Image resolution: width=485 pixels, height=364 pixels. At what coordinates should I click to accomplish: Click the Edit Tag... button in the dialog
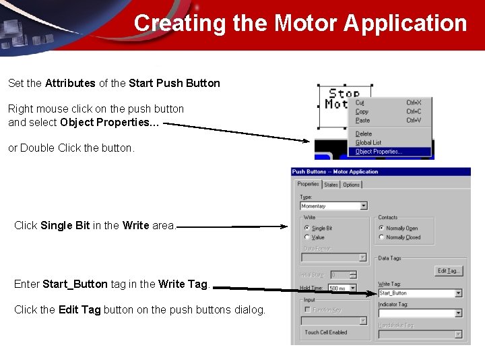tap(449, 270)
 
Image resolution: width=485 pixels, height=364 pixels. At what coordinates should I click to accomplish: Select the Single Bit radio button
tap(307, 229)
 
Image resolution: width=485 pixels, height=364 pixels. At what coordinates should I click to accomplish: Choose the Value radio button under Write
tap(307, 237)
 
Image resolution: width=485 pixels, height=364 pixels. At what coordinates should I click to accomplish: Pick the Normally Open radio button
tap(381, 229)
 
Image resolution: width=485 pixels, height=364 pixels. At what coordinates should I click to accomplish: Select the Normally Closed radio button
tap(381, 237)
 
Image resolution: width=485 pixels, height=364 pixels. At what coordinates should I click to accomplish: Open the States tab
tap(331, 185)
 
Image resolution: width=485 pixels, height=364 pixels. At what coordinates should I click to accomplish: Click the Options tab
tap(351, 185)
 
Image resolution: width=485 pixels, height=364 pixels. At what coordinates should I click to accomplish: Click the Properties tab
tap(308, 184)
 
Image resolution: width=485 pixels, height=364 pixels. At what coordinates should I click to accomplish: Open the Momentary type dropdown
tap(364, 206)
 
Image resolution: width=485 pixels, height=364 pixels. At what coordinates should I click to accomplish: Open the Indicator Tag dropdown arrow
tap(459, 313)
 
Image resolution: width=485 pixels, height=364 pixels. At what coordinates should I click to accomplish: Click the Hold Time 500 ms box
tap(342, 288)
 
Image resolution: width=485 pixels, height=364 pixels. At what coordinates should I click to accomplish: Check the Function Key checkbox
tap(307, 309)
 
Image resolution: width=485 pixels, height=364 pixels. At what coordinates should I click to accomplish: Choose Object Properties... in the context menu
tap(379, 152)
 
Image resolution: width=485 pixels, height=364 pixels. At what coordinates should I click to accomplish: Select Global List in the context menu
tap(368, 143)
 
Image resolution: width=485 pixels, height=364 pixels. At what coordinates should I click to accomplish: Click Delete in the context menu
tap(364, 134)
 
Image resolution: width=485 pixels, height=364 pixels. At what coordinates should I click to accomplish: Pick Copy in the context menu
tap(362, 111)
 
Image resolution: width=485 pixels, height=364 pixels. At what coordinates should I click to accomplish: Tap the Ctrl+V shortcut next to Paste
tap(414, 121)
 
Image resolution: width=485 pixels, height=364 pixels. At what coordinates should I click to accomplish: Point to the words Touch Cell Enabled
tap(326, 332)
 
